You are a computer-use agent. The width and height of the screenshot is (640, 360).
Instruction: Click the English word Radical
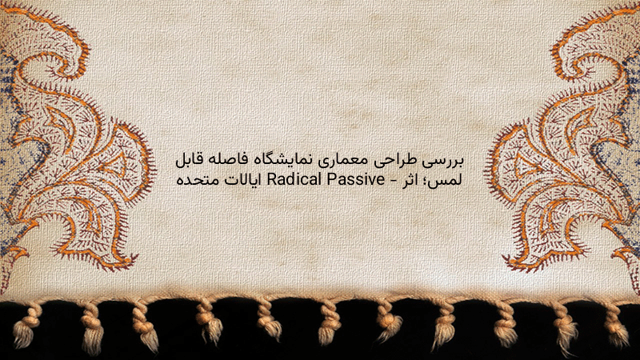click(294, 178)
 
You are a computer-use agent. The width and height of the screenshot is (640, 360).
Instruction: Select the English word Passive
click(354, 178)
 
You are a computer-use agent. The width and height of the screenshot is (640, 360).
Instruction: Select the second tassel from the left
click(93, 327)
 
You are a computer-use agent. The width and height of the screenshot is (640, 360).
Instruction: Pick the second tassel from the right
click(566, 326)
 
